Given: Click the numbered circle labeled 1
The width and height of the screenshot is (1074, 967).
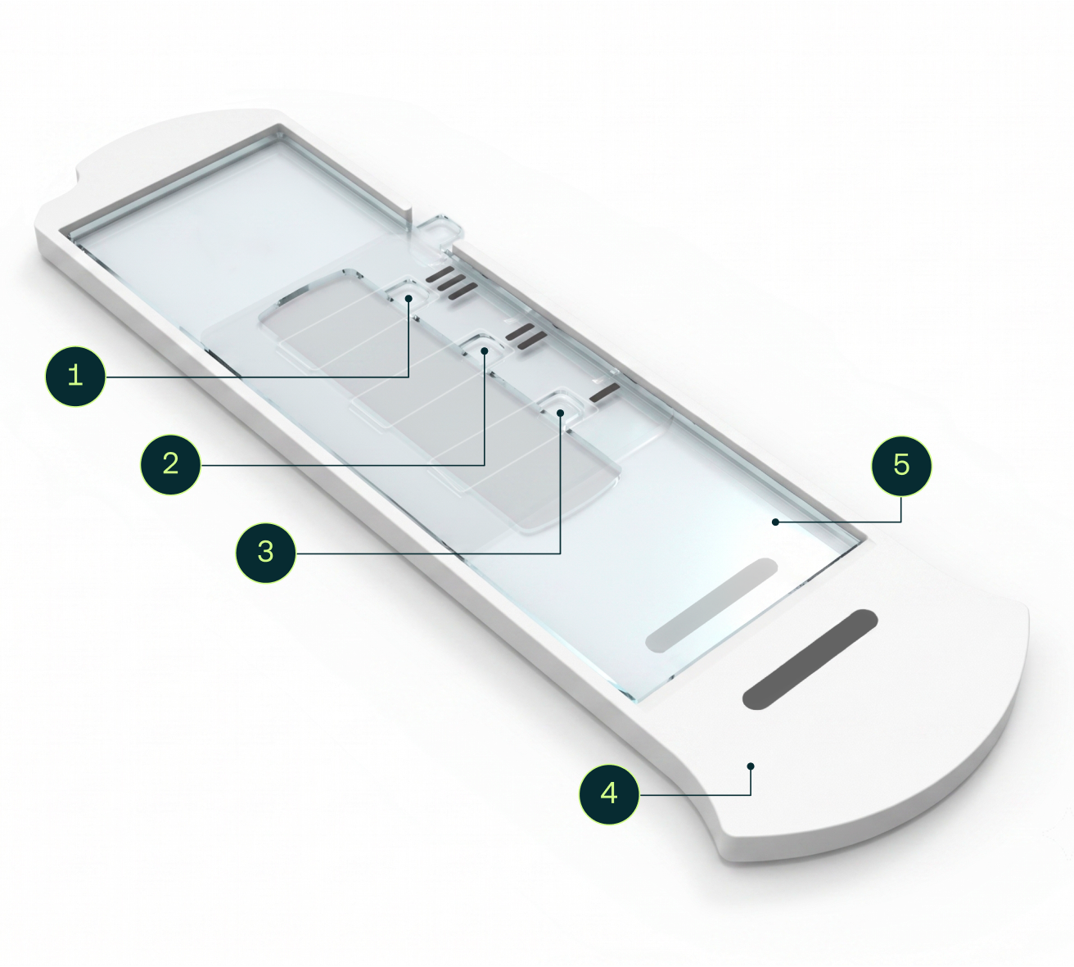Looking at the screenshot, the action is (75, 376).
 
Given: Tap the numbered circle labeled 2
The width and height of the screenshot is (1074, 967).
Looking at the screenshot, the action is (171, 463).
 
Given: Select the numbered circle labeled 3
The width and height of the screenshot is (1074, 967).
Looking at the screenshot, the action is (265, 552).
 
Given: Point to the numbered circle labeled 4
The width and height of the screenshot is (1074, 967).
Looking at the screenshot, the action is (609, 794).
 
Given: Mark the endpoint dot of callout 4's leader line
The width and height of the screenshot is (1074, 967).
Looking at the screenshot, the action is (751, 766).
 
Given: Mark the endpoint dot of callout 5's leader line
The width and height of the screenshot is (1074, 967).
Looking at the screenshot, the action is (774, 522).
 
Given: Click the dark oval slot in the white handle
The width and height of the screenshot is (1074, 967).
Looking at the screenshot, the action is (810, 659).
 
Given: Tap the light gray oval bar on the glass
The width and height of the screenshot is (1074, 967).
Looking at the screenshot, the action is (711, 605).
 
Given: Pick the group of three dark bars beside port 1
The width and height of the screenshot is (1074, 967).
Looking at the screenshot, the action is (449, 282).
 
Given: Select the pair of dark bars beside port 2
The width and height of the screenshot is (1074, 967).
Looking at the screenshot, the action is (526, 337).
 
